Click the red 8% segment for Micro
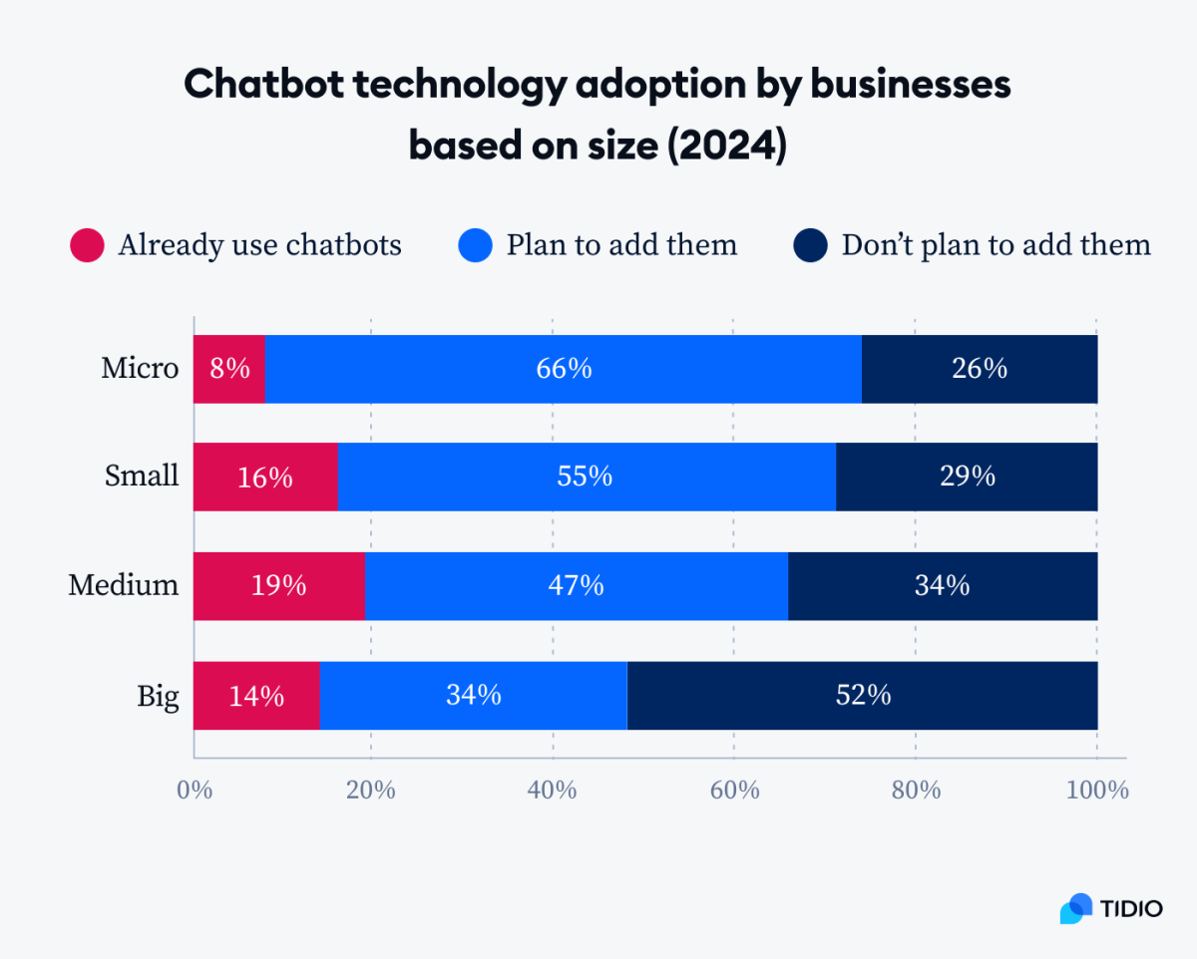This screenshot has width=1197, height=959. click(229, 369)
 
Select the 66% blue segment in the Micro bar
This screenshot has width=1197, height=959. click(563, 369)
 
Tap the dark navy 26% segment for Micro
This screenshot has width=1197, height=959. click(979, 369)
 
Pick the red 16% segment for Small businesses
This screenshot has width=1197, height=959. click(265, 478)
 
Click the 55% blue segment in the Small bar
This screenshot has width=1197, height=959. click(586, 478)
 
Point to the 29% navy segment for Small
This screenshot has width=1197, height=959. click(966, 478)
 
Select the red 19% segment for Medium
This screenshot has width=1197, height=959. click(278, 586)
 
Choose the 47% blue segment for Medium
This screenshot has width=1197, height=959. click(576, 586)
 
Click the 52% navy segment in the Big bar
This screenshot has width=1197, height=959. click(862, 695)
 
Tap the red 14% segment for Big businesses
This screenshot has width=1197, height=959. click(256, 695)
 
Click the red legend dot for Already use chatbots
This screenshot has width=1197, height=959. click(87, 245)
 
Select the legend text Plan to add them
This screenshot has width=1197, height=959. click(620, 245)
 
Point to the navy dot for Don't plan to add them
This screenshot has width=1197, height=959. click(811, 245)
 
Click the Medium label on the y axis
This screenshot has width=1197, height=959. click(124, 585)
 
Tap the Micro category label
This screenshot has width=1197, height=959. click(140, 369)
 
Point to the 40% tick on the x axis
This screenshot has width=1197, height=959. click(552, 791)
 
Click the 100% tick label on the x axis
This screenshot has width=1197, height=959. click(1096, 791)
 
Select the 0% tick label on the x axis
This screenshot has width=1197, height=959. click(195, 791)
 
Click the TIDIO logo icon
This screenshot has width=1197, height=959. click(1076, 907)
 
